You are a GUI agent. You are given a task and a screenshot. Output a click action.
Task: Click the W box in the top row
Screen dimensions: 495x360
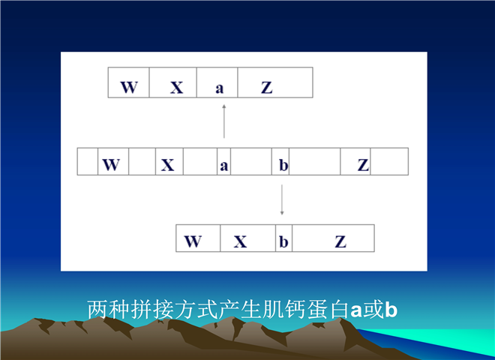[128, 82]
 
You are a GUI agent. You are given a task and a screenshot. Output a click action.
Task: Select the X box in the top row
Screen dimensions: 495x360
[173, 82]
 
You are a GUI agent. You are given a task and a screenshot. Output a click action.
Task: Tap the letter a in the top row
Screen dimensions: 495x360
[220, 88]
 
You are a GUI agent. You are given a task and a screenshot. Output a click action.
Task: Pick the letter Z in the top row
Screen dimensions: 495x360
[267, 88]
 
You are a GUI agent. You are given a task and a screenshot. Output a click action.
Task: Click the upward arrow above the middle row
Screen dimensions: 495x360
[224, 121]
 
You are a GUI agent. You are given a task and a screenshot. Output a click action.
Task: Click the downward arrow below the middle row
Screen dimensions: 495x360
[282, 200]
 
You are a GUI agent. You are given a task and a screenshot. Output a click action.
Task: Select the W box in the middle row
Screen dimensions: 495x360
[113, 161]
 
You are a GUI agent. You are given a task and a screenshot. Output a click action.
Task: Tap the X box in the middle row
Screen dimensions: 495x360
[169, 161]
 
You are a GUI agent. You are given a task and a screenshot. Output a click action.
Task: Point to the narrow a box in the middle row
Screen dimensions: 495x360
[223, 161]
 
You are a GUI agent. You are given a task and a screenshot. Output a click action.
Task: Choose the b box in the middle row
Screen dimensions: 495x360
[280, 161]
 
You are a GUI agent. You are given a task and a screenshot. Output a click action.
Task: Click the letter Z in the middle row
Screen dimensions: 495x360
[363, 165]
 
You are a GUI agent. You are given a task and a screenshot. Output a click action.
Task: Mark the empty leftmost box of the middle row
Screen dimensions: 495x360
[88, 161]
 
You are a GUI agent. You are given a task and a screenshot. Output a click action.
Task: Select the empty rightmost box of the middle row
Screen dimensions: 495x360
[389, 161]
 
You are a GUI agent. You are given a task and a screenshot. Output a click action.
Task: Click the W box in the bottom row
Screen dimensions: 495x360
[198, 238]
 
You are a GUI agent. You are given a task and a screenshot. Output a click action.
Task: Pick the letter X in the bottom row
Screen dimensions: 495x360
[240, 242]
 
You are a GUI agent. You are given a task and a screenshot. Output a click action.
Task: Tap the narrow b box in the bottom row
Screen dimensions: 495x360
[283, 238]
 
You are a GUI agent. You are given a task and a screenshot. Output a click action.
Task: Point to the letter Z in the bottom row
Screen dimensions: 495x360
[340, 242]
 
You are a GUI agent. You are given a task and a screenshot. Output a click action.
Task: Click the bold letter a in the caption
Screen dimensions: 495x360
[356, 310]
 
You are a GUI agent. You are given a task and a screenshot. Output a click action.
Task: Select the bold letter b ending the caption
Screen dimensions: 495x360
[391, 309]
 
